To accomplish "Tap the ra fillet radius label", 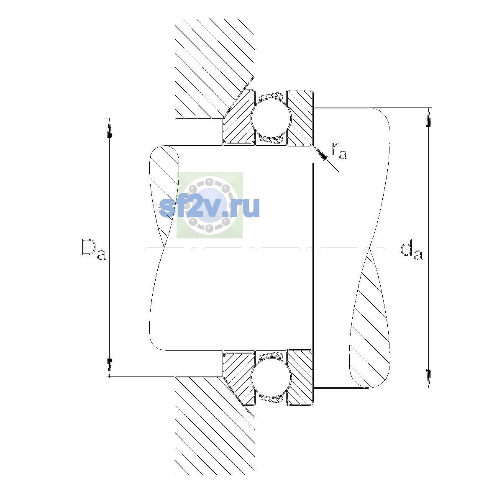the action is [339, 151].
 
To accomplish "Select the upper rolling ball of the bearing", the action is [271, 118].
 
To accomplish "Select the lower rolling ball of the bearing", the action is [271, 378].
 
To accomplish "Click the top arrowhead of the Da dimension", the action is [110, 128].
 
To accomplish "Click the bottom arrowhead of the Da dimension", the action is [110, 367].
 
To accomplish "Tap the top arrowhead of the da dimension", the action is [428, 117].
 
